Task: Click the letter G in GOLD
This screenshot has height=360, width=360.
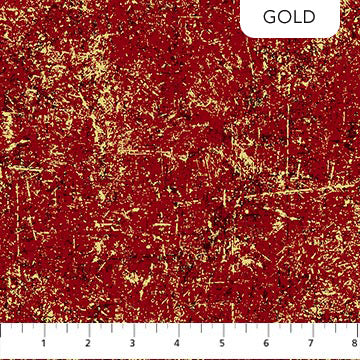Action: pos(269,18)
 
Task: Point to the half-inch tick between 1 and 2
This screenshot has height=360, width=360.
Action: pos(68,329)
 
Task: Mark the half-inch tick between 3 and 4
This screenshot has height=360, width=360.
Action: pos(158,329)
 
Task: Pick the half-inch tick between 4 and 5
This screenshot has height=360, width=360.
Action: pos(203,329)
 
